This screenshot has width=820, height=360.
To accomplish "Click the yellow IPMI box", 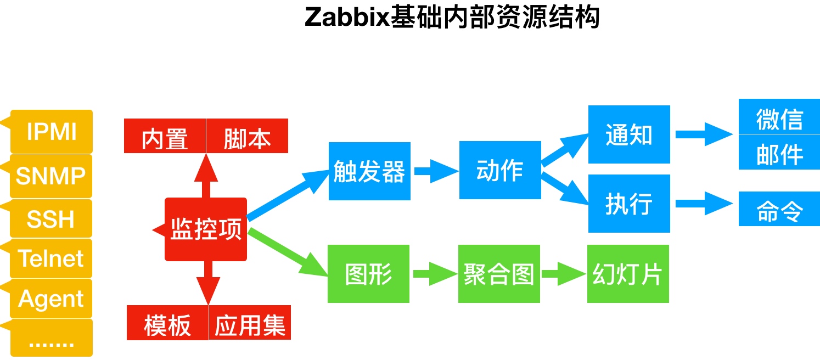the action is [x=52, y=131].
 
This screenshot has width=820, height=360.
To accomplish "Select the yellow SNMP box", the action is [x=51, y=176].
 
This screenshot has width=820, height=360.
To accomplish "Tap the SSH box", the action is [x=51, y=218].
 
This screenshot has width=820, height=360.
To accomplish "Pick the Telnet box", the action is [x=51, y=258].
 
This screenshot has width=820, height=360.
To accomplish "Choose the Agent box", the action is [x=51, y=298].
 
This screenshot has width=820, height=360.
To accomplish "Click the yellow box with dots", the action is [x=52, y=337].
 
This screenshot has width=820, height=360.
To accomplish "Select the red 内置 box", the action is [x=165, y=136].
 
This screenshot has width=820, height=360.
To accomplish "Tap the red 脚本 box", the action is [x=247, y=136].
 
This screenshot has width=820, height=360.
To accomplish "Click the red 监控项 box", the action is [x=206, y=229].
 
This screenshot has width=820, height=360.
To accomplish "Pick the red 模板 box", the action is [x=167, y=323].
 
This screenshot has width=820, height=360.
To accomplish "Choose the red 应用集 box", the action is [x=250, y=323].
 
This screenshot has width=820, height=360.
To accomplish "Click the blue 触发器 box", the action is [x=369, y=171].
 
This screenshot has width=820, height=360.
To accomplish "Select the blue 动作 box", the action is [x=500, y=170].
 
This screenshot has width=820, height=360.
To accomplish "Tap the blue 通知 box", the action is [x=629, y=134].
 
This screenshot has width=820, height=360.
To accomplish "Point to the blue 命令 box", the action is [x=779, y=209].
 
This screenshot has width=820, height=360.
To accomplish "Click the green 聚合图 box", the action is [x=499, y=274].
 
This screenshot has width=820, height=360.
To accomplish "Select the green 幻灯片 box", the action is [x=628, y=274].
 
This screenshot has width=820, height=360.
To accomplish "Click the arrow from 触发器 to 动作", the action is [x=436, y=171].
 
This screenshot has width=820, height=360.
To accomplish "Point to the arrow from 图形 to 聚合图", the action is [x=435, y=274].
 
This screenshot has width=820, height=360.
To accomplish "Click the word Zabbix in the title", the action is [x=347, y=17].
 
